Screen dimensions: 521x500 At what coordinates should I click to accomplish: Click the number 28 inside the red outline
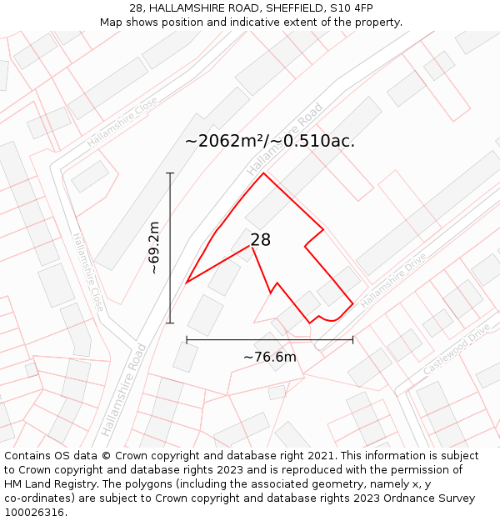click(x=260, y=240)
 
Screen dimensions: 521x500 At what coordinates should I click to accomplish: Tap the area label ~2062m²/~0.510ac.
click(x=270, y=141)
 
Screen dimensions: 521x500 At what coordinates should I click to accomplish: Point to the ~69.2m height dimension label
click(x=154, y=248)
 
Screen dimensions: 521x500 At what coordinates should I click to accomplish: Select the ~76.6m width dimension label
click(x=270, y=357)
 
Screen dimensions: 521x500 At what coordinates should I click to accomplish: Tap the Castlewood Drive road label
click(x=456, y=348)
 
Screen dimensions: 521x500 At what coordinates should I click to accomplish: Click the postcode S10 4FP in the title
click(x=351, y=8)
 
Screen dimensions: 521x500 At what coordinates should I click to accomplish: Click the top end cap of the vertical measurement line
click(x=170, y=173)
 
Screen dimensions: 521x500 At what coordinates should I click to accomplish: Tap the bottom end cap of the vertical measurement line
click(x=170, y=323)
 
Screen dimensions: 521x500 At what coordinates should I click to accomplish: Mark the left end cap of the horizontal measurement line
click(x=187, y=339)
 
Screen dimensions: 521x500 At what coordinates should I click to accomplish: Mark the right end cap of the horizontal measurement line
click(x=352, y=339)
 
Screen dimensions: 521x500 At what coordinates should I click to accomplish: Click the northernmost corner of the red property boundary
click(x=264, y=173)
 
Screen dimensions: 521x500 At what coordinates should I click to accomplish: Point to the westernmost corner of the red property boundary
click(x=187, y=283)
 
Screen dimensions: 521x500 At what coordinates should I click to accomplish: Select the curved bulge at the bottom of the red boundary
click(x=329, y=318)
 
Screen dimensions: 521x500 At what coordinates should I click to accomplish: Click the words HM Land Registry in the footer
click(x=44, y=484)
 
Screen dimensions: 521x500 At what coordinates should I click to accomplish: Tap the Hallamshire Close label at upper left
click(x=122, y=122)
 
